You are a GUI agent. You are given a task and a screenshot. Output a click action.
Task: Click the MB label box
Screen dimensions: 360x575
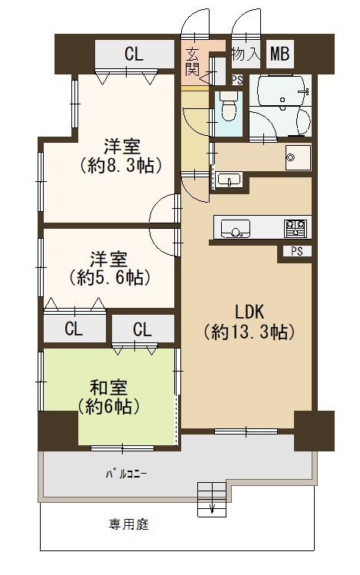(279, 54)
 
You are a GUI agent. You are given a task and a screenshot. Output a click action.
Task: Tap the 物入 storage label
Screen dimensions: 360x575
(246, 55)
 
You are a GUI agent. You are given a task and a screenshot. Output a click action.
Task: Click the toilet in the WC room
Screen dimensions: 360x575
(229, 106)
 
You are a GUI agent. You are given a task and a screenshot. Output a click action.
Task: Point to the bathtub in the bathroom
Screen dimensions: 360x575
(282, 91)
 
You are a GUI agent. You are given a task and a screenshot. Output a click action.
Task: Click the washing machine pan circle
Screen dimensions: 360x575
(290, 157)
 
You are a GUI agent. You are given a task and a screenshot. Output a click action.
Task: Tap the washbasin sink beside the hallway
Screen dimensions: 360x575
(229, 180)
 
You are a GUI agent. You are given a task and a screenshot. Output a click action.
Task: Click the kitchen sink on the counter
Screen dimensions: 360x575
(236, 229)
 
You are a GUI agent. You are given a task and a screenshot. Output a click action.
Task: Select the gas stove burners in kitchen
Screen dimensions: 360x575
(295, 227)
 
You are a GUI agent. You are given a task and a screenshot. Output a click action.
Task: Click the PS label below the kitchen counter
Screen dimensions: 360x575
(297, 251)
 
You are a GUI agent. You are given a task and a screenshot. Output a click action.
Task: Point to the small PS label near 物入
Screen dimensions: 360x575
(237, 80)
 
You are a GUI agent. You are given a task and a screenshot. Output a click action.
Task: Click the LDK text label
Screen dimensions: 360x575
(249, 312)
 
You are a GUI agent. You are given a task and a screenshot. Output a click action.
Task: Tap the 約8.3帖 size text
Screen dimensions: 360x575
(121, 166)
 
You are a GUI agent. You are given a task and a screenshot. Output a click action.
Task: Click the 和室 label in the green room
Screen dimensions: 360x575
(109, 387)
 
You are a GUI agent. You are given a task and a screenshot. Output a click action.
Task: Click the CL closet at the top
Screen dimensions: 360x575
(134, 55)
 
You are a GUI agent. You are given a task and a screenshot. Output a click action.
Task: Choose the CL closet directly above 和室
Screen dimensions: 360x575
(143, 329)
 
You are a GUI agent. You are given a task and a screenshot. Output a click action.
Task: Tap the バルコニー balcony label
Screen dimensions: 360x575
(127, 474)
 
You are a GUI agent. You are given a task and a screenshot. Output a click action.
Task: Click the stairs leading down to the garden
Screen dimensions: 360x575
(212, 500)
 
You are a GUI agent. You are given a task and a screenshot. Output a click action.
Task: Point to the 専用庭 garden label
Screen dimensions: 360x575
(129, 524)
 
